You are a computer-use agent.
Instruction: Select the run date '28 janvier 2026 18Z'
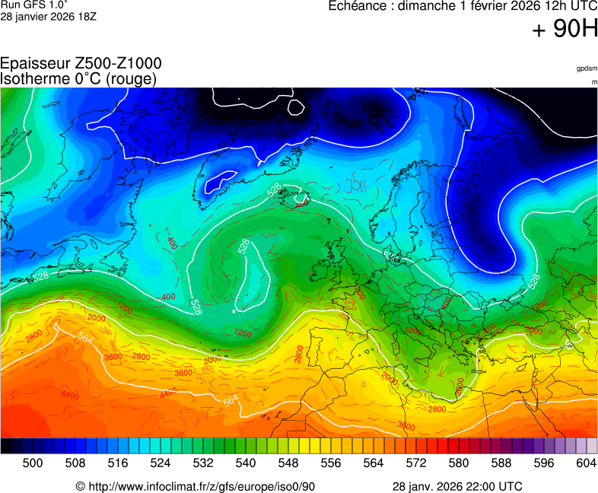(49, 17)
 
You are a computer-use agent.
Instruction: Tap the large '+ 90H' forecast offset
(565, 30)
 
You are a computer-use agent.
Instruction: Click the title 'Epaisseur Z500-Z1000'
(81, 64)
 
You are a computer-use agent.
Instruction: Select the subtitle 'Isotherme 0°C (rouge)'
(78, 78)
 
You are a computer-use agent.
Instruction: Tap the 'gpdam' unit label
(587, 68)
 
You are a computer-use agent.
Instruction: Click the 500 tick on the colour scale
(32, 462)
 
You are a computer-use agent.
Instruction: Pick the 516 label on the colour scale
(117, 462)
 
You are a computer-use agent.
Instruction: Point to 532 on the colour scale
(203, 462)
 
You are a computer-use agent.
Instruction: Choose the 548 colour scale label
(288, 462)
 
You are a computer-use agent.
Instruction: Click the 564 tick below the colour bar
(374, 462)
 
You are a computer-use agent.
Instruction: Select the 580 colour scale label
(459, 462)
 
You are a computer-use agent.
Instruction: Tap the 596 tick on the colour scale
(544, 462)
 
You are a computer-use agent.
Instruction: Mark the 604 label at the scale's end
(587, 462)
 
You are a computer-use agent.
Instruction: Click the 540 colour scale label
(246, 462)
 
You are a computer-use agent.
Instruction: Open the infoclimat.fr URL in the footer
(202, 486)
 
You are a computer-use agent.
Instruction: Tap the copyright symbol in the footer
(80, 486)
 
